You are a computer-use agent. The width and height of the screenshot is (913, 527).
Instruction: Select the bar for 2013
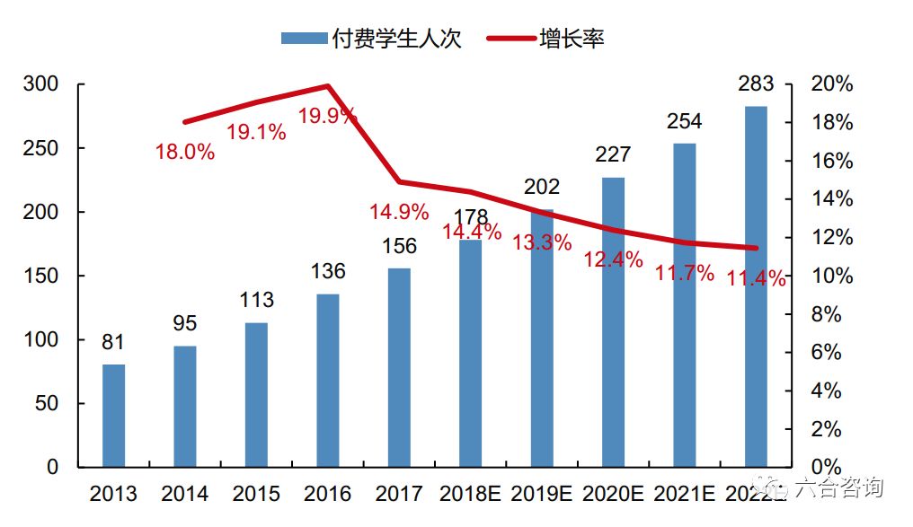pyautogui.click(x=114, y=416)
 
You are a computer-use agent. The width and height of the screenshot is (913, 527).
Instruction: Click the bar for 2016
pyautogui.click(x=328, y=381)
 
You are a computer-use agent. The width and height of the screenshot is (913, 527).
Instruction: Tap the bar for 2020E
pyautogui.click(x=613, y=322)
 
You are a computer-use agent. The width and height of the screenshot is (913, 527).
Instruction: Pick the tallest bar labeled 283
pyautogui.click(x=756, y=287)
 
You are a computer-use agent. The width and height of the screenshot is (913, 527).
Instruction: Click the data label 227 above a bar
pyautogui.click(x=613, y=155)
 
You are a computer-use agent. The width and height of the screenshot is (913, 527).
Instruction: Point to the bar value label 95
pyautogui.click(x=185, y=323)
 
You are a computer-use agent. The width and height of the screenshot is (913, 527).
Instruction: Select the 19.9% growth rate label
pyautogui.click(x=327, y=117)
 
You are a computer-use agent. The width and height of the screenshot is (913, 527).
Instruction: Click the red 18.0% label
pyautogui.click(x=185, y=152)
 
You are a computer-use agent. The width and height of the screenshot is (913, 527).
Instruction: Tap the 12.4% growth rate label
pyautogui.click(x=613, y=260)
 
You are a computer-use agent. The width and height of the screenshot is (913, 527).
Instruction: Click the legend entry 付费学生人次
pyautogui.click(x=370, y=39)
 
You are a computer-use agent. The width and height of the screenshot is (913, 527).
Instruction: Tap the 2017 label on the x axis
pyautogui.click(x=399, y=494)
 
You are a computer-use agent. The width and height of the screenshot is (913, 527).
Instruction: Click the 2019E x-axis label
pyautogui.click(x=541, y=494)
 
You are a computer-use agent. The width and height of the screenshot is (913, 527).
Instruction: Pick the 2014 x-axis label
pyautogui.click(x=185, y=494)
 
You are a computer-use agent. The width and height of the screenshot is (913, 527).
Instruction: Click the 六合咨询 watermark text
pyautogui.click(x=839, y=488)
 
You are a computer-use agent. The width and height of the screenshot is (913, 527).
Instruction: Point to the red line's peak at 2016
pyautogui.click(x=328, y=86)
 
